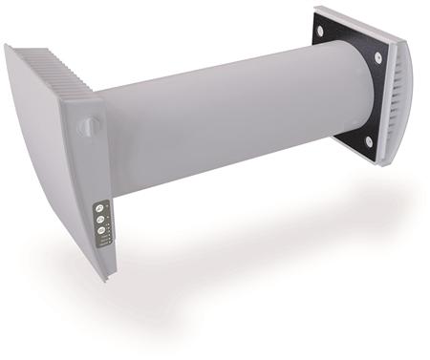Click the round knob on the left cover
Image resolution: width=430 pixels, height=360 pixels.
pyautogui.click(x=89, y=125)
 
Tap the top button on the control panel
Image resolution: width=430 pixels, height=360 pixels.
pyautogui.click(x=98, y=208)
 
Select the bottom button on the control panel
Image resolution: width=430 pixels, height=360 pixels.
pyautogui.click(x=99, y=230)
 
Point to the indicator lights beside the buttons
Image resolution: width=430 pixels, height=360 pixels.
pyautogui.click(x=109, y=229)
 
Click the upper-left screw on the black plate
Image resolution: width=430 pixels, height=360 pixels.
pyautogui.click(x=319, y=31)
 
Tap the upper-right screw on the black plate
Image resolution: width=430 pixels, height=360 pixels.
pyautogui.click(x=378, y=58)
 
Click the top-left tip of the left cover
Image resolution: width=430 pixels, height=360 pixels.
pyautogui.click(x=7, y=47)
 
